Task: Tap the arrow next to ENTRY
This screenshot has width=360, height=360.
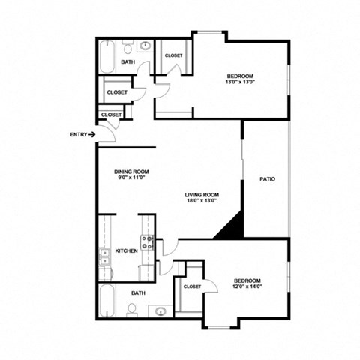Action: (91, 135)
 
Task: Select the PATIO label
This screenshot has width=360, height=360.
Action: (267, 179)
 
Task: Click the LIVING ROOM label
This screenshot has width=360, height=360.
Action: (202, 194)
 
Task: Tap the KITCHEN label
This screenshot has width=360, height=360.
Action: (126, 250)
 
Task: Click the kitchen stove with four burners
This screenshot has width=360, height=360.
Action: (148, 241)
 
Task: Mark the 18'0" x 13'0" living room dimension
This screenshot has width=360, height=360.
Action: (202, 201)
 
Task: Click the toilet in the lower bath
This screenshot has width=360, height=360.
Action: (131, 309)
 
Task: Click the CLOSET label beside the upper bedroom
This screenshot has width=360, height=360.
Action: (173, 55)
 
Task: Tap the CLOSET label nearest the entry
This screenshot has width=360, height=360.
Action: (110, 115)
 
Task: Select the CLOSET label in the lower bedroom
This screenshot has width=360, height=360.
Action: (191, 286)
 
